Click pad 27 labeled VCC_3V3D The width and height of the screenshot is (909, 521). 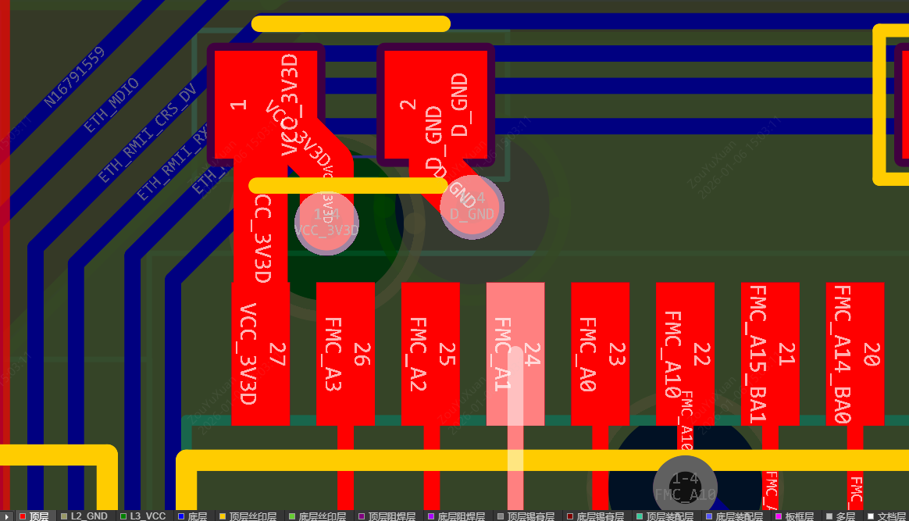click(x=260, y=354)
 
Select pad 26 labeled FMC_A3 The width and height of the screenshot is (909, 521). click(x=345, y=354)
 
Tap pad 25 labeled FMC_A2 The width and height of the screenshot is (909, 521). click(x=430, y=354)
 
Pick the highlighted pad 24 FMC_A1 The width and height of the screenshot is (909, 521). click(x=515, y=354)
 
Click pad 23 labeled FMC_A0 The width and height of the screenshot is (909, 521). click(x=600, y=354)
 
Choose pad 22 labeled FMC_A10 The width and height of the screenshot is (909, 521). click(x=685, y=354)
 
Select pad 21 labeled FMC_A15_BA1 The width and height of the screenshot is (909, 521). click(x=770, y=354)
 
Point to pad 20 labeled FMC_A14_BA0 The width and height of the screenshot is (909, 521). click(x=855, y=354)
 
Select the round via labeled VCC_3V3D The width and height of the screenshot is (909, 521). click(x=326, y=223)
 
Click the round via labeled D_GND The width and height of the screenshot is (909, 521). click(x=472, y=207)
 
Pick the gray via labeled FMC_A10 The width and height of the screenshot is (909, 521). click(x=685, y=487)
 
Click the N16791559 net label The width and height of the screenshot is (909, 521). click(x=74, y=77)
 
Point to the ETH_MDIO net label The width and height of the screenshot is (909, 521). click(x=111, y=105)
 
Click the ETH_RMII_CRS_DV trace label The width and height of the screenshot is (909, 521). click(x=147, y=134)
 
